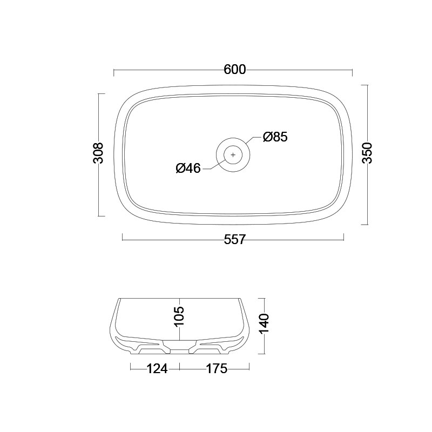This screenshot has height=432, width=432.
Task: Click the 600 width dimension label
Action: coord(234,70)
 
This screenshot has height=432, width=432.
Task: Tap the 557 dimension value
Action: coord(234,239)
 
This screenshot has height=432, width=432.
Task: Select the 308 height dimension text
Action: coord(98,154)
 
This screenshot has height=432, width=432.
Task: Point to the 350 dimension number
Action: coord(367,154)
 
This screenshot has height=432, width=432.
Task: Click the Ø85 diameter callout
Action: coord(275,137)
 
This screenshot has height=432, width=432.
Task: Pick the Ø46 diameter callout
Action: coord(188,168)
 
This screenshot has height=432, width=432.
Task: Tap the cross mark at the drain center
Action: coord(233,155)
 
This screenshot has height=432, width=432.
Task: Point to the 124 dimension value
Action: coord(157,369)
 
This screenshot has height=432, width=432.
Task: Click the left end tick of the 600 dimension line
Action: coord(114,72)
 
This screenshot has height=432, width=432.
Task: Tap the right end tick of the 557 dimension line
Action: coord(344,236)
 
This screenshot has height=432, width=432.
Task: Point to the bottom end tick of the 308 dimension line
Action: coord(101,215)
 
